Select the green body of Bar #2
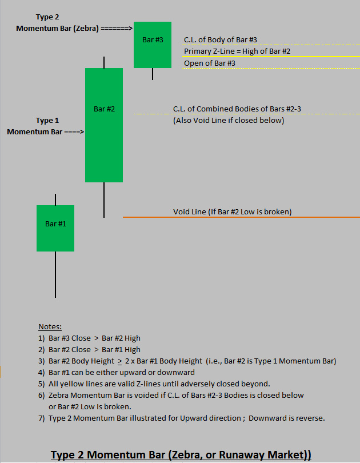click(x=104, y=143)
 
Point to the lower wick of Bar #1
click(x=55, y=274)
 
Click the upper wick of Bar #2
click(x=104, y=62)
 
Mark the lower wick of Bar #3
click(x=153, y=74)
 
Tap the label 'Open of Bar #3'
click(x=209, y=63)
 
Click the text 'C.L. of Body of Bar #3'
click(x=220, y=40)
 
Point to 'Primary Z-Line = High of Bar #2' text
click(x=237, y=51)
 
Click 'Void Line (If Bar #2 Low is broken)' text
click(x=232, y=211)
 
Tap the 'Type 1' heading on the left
click(x=47, y=121)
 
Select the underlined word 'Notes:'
click(x=50, y=326)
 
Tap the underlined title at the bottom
click(x=181, y=455)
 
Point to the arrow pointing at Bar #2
click(x=74, y=132)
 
